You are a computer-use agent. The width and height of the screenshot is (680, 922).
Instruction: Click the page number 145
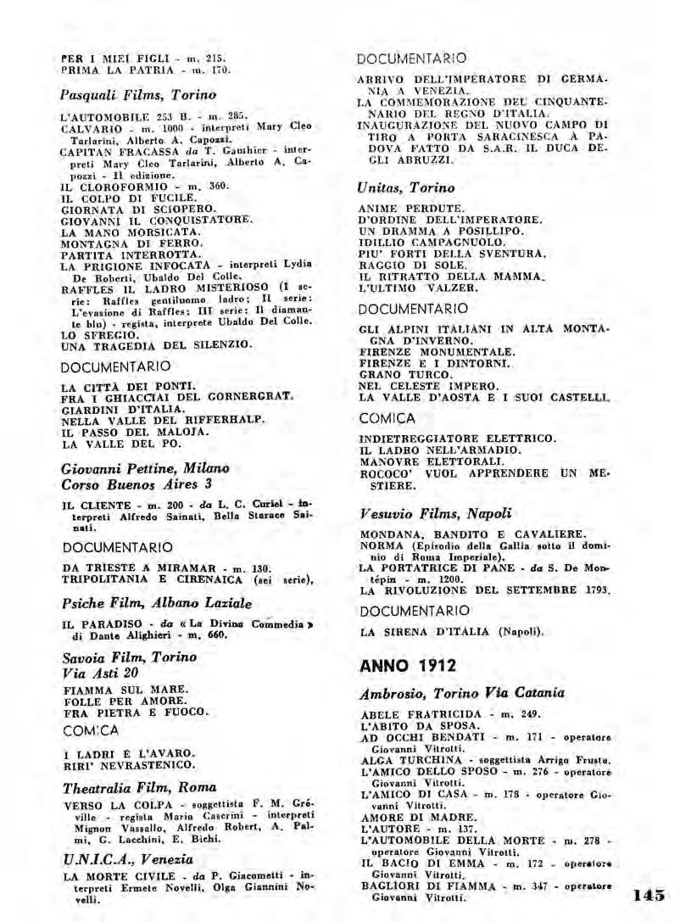pos(649,894)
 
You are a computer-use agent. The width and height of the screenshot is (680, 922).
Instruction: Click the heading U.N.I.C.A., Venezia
pos(116,859)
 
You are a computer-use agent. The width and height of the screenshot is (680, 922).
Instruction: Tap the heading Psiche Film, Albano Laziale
pos(157,603)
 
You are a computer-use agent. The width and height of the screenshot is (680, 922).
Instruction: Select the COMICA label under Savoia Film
pos(91,730)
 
